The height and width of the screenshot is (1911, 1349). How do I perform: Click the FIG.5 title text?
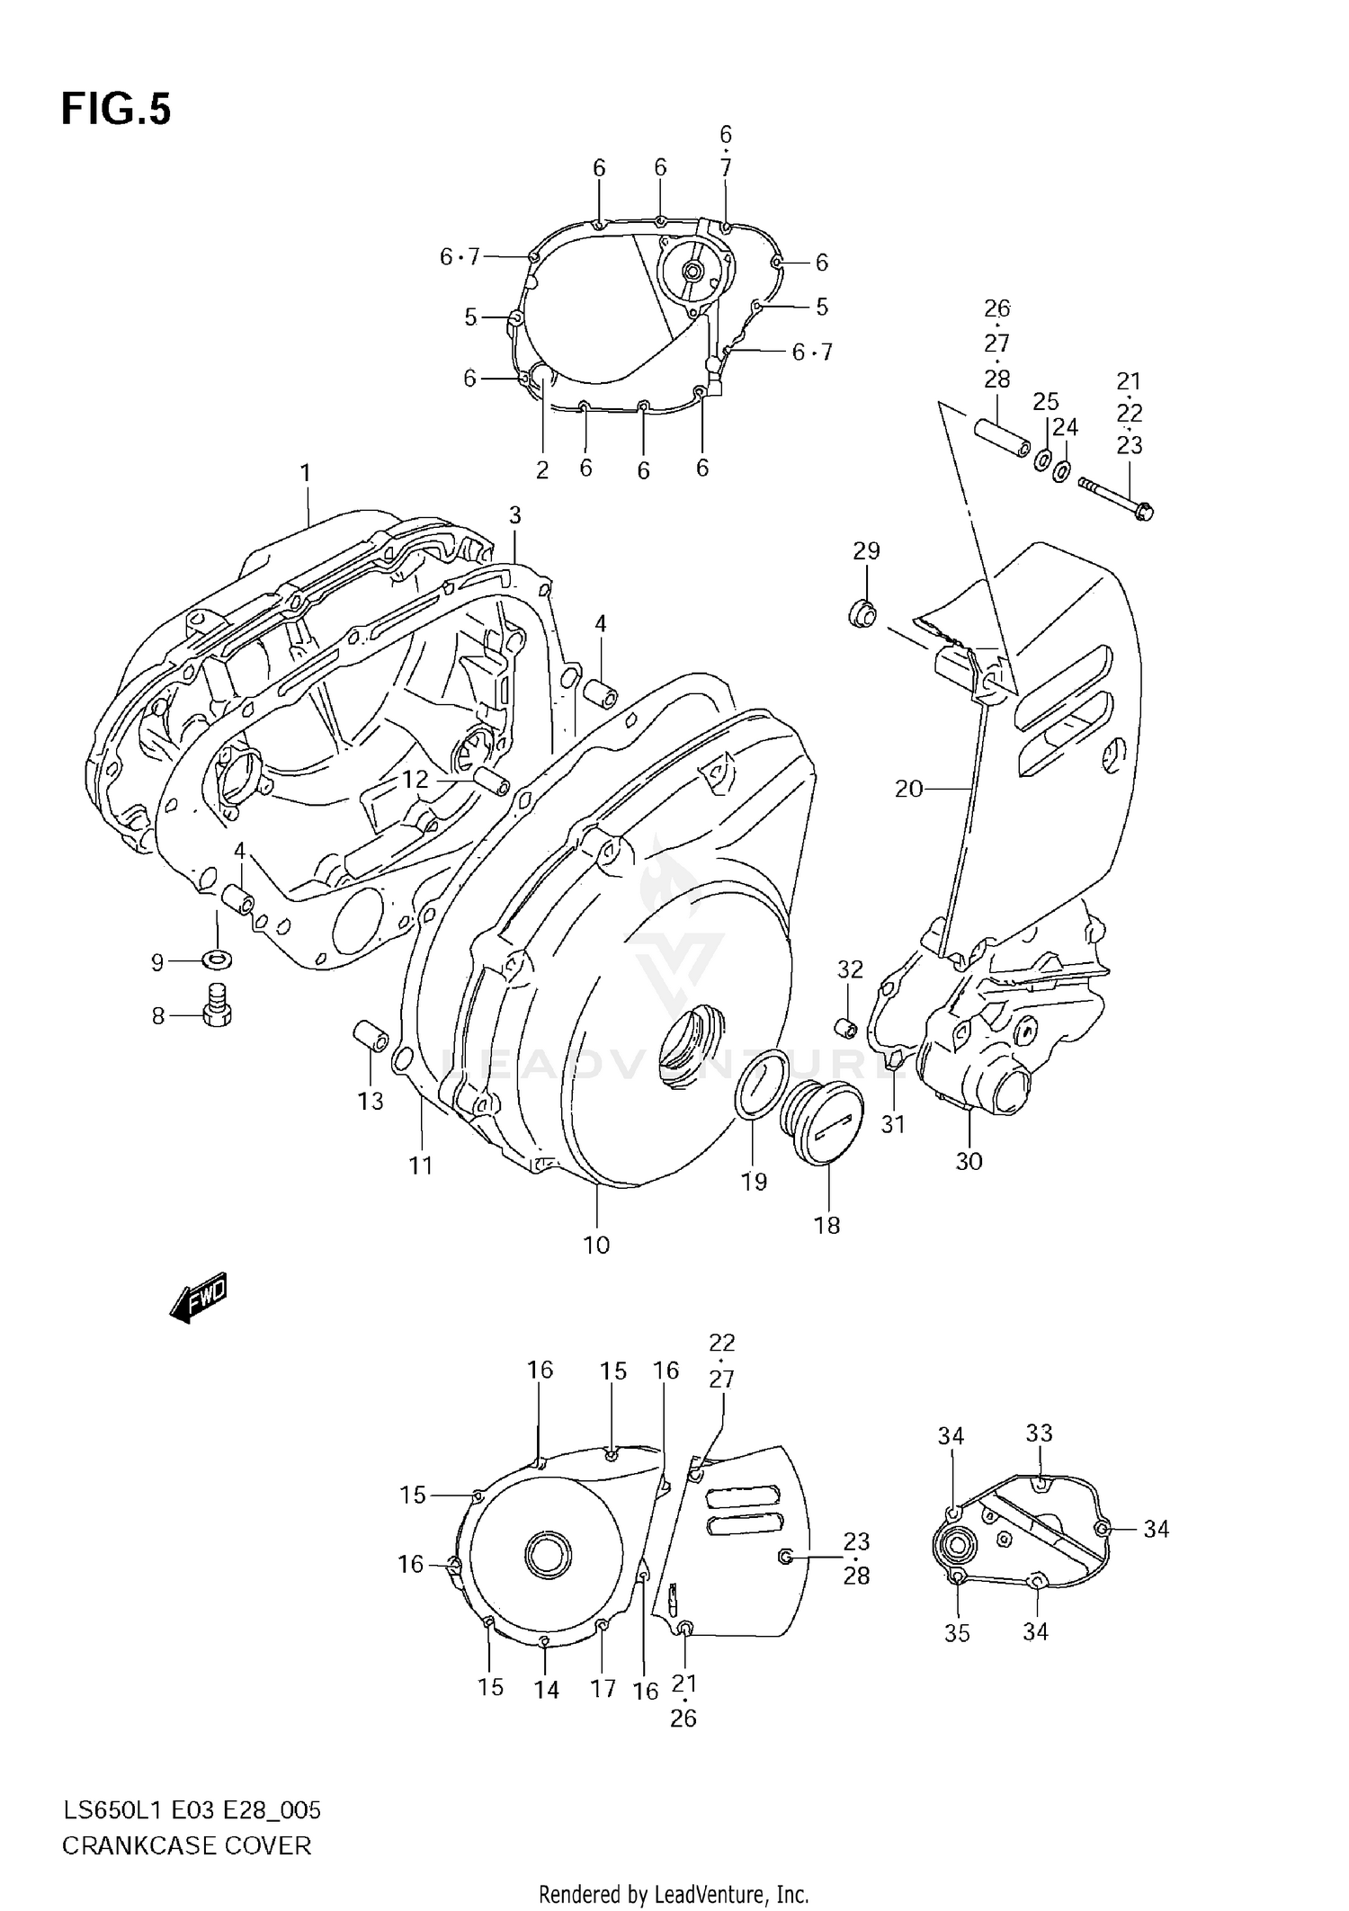click(x=115, y=110)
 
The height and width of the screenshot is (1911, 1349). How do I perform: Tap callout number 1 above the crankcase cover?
click(x=306, y=472)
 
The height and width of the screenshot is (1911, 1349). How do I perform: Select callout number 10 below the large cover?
click(x=596, y=1245)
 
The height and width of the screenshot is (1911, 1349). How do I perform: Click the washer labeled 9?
click(x=217, y=959)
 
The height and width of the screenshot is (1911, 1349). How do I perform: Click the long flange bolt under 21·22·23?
click(x=1115, y=497)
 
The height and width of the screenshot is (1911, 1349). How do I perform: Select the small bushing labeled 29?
click(x=863, y=614)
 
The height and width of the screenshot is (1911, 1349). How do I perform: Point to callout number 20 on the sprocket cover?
click(x=908, y=789)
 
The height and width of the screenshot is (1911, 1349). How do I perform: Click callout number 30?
click(x=969, y=1161)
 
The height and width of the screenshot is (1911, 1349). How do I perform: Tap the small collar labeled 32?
click(x=846, y=1025)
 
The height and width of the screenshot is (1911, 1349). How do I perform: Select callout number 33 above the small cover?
click(x=1039, y=1433)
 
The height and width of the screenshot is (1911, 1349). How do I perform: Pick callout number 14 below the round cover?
click(x=546, y=1690)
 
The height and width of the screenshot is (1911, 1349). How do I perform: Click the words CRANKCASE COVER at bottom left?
click(x=186, y=1846)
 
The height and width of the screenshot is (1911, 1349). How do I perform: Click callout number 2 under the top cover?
click(x=541, y=470)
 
